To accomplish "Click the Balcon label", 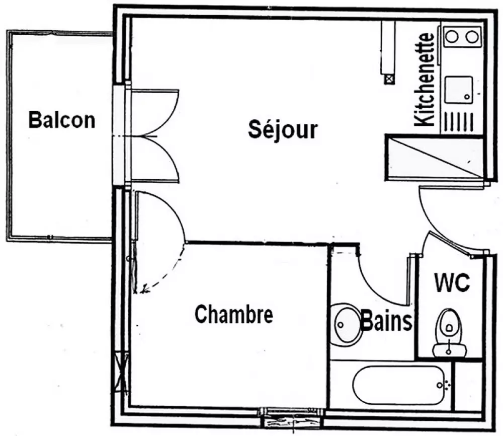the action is pyautogui.click(x=62, y=120).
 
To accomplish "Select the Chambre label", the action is pyautogui.click(x=234, y=314).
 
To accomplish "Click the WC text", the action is pyautogui.click(x=452, y=282).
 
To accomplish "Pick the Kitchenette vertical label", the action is pyautogui.click(x=424, y=79).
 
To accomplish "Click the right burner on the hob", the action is pyautogui.click(x=472, y=37).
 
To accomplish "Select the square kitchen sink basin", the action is pyautogui.click(x=459, y=90).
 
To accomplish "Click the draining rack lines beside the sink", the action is pyautogui.click(x=459, y=122).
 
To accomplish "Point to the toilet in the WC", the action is pyautogui.click(x=449, y=332).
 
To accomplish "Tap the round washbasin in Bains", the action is pyautogui.click(x=347, y=325).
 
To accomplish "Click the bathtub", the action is pyautogui.click(x=399, y=385).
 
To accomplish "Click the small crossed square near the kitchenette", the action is pyautogui.click(x=390, y=79).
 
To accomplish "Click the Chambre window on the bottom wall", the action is pyautogui.click(x=292, y=417).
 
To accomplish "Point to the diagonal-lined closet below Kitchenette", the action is pyautogui.click(x=435, y=157).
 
